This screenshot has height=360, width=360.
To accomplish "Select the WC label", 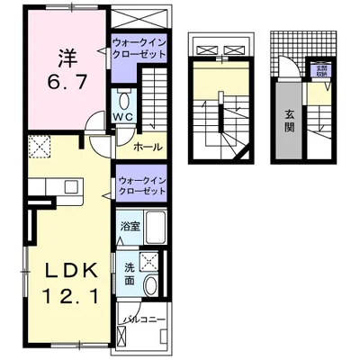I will point(123,116).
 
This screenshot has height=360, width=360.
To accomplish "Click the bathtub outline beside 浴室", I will point(153,229).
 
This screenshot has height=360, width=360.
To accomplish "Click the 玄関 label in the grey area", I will point(291,120).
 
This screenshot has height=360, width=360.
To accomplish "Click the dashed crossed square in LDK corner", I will point(39,148).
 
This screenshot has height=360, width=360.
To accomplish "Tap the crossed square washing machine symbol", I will point(153,261).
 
